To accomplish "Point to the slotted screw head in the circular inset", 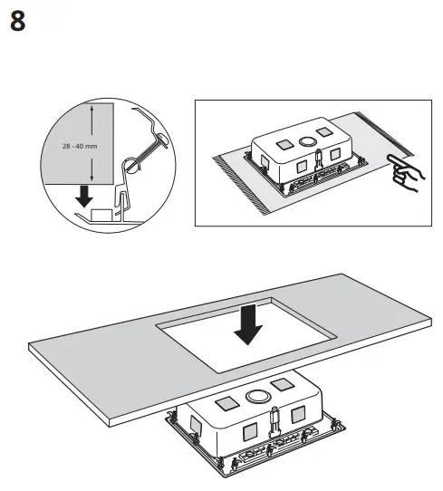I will pyautogui.click(x=134, y=166).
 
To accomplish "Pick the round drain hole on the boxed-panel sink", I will pyautogui.click(x=305, y=141).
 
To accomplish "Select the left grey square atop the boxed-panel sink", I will pyautogui.click(x=283, y=143).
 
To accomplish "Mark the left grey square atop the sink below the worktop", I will pyautogui.click(x=226, y=400).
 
